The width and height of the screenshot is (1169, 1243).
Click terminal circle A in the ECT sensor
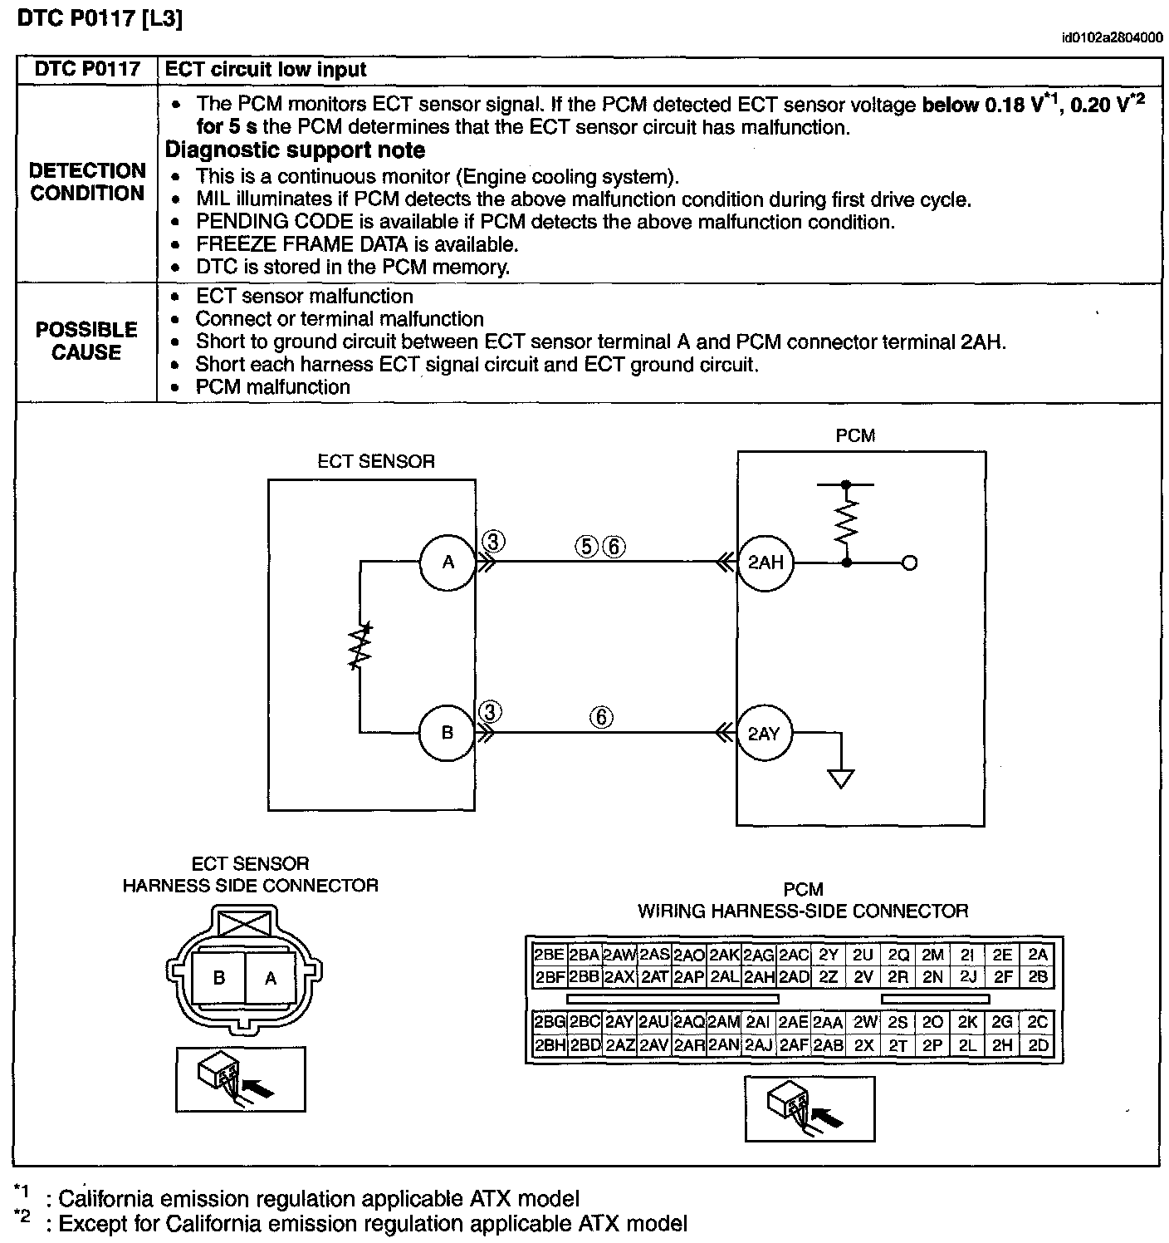pyautogui.click(x=448, y=563)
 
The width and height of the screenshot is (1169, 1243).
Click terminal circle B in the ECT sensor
pyautogui.click(x=447, y=733)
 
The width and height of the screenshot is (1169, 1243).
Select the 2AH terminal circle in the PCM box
pyautogui.click(x=765, y=563)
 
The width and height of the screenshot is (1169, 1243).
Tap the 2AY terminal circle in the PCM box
pyautogui.click(x=764, y=733)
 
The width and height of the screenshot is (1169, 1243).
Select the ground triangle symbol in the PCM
pyautogui.click(x=841, y=779)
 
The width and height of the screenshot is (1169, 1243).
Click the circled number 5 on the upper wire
pyautogui.click(x=586, y=546)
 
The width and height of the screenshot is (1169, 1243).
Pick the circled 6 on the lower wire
pyautogui.click(x=601, y=716)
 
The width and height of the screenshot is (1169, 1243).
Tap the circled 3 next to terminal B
pyautogui.click(x=491, y=712)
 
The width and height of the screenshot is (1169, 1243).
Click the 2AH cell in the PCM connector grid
pyautogui.click(x=759, y=977)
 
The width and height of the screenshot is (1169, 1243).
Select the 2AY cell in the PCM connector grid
pyautogui.click(x=619, y=1022)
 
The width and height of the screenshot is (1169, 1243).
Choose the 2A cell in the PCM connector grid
pyautogui.click(x=1038, y=955)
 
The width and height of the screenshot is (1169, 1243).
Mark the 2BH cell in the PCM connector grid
pyautogui.click(x=550, y=1045)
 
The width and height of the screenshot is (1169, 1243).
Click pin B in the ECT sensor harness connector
pyautogui.click(x=219, y=978)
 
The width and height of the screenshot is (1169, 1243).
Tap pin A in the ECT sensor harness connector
pyautogui.click(x=270, y=978)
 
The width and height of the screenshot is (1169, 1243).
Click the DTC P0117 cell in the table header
pyautogui.click(x=87, y=70)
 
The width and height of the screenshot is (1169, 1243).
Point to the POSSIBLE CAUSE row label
pyautogui.click(x=86, y=341)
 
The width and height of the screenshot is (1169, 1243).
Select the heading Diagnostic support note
pyautogui.click(x=296, y=150)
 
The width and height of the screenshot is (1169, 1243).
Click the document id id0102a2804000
pyautogui.click(x=1112, y=37)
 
